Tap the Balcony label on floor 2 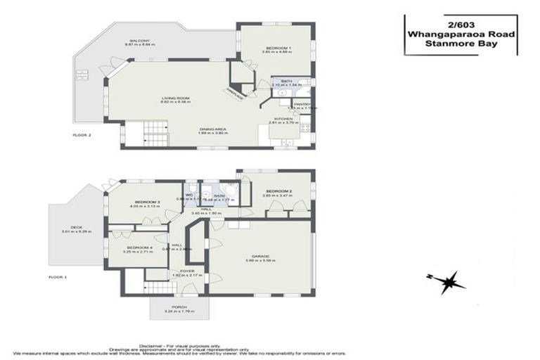coord(139,41)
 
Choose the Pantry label coord(302,104)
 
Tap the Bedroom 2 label coord(277,191)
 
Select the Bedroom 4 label coord(139,247)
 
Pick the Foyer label coord(187,270)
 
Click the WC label coord(189,195)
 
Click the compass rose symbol coord(445,282)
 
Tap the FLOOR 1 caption coord(58,277)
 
